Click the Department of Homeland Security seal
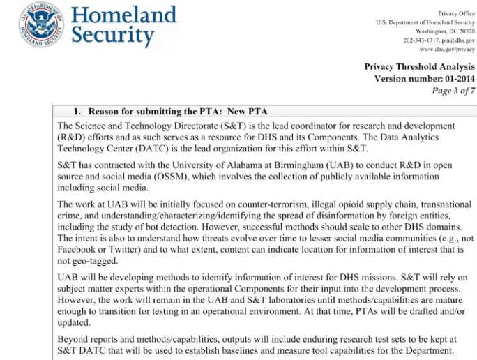[42, 25]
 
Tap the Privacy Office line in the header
[457, 13]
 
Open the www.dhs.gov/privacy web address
[447, 50]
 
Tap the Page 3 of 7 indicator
[453, 91]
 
